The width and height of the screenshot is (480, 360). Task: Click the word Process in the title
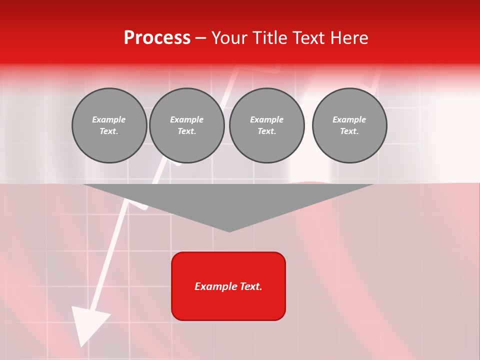coord(157,38)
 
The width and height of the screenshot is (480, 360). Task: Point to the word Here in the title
coord(350,38)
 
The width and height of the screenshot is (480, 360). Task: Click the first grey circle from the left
coord(109,125)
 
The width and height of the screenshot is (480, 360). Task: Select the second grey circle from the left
coord(187,125)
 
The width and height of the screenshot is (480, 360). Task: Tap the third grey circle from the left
coord(267,125)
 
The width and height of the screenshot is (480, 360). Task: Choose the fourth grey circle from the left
coord(349,125)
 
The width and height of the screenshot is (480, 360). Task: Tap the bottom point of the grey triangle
coord(229,231)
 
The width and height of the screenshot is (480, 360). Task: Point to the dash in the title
coord(200,38)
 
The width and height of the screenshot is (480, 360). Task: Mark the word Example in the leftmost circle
coord(109,119)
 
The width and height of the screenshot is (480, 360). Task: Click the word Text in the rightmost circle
coord(349,131)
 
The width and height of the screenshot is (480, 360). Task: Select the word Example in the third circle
coord(266,119)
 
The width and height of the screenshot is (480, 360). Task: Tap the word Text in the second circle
coord(186,131)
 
